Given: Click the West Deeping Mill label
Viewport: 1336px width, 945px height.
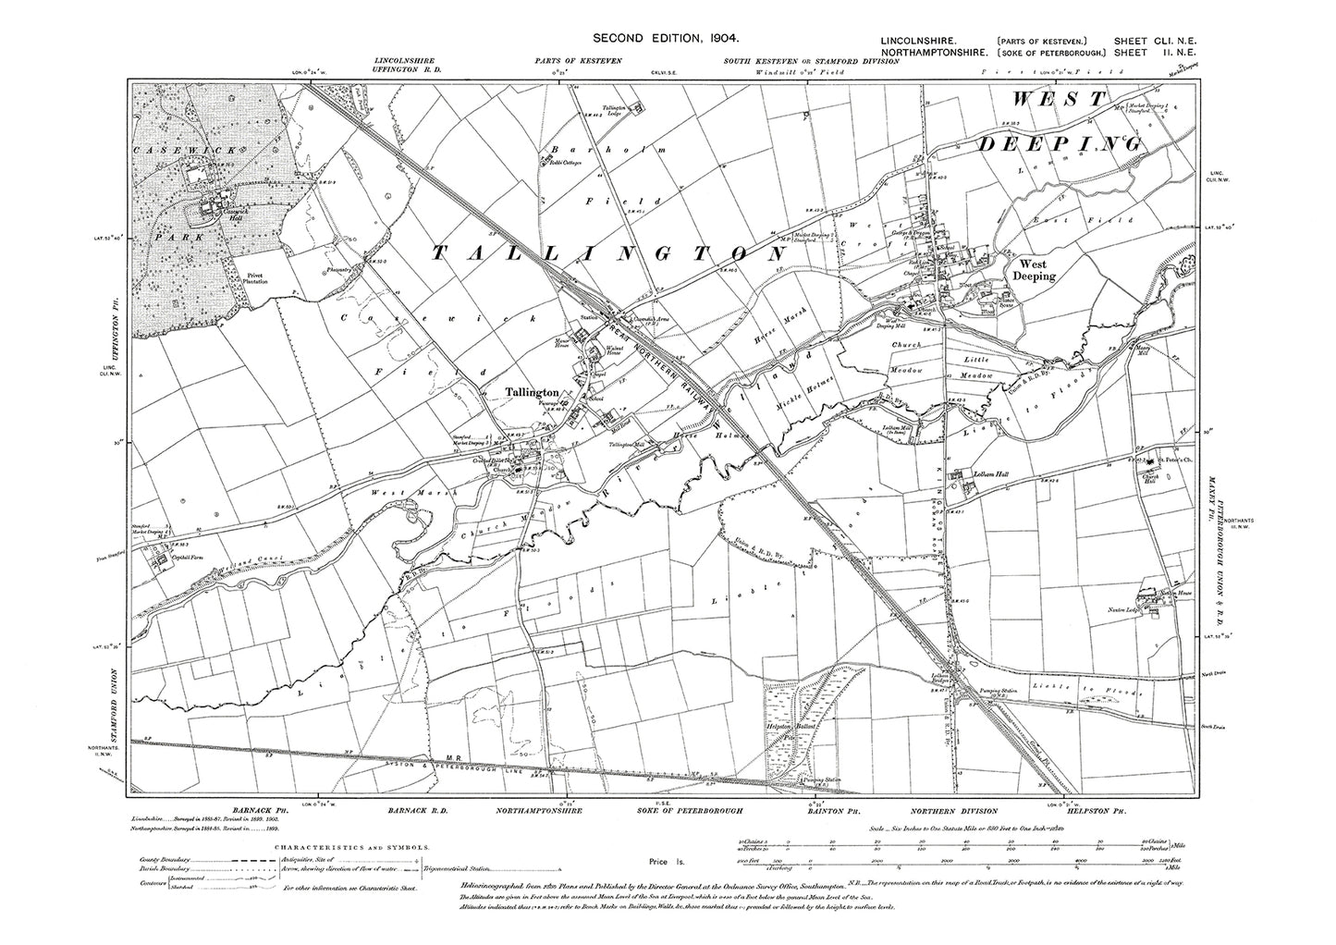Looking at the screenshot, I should click(887, 322).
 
